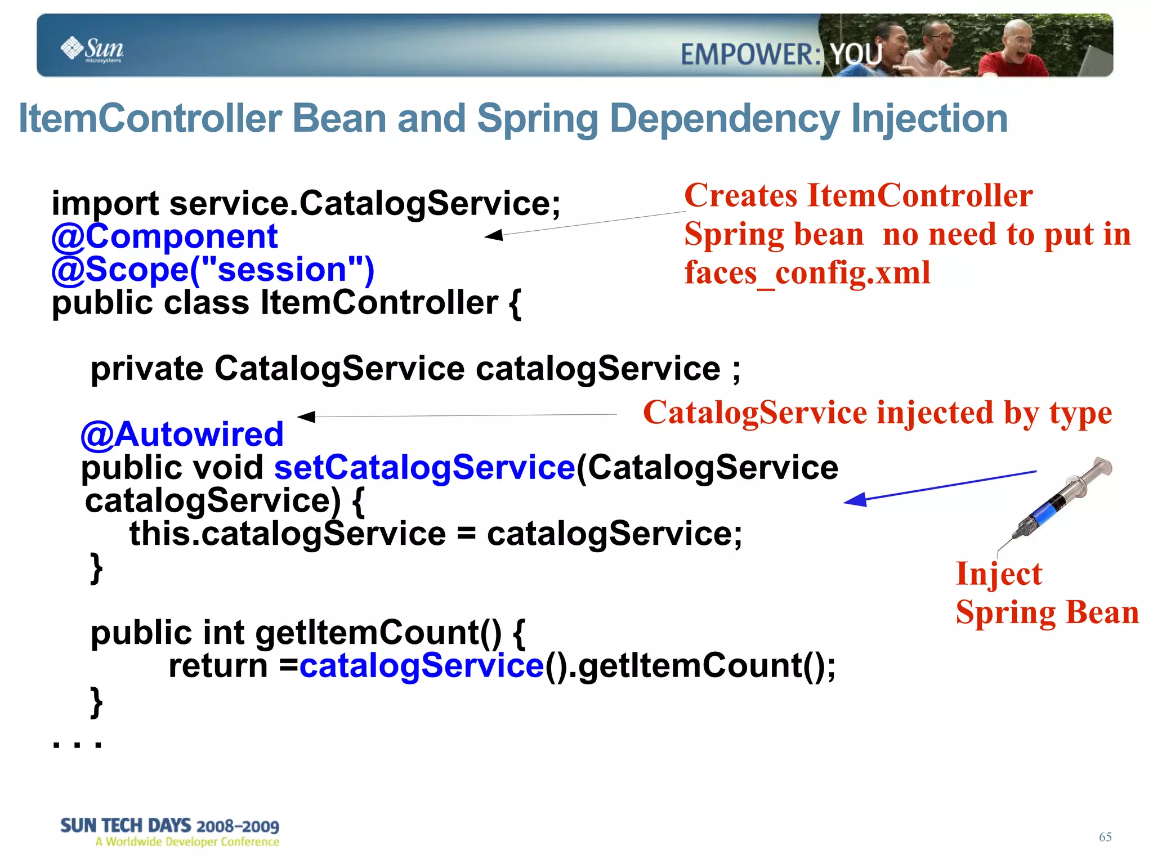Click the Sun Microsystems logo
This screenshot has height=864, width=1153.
tap(92, 49)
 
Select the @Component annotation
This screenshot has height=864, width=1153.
tap(164, 236)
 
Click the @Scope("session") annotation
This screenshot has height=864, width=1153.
tap(213, 270)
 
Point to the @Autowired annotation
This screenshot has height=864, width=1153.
tap(182, 435)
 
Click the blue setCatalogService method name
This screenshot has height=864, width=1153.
tap(424, 468)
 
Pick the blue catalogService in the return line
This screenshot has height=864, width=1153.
tap(421, 666)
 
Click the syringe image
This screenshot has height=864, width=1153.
tap(1061, 498)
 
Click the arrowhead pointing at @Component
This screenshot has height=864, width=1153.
tap(494, 235)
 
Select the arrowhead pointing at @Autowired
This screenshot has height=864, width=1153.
tap(306, 417)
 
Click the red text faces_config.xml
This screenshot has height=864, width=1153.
tap(807, 273)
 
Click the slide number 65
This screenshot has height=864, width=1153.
tap(1105, 837)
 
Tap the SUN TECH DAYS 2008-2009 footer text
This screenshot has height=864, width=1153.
tap(169, 826)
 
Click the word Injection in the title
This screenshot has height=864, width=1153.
tap(929, 119)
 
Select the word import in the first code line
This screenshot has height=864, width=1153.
tap(105, 204)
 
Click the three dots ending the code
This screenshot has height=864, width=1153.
tap(77, 744)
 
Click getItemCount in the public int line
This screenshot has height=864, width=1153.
tap(378, 633)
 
